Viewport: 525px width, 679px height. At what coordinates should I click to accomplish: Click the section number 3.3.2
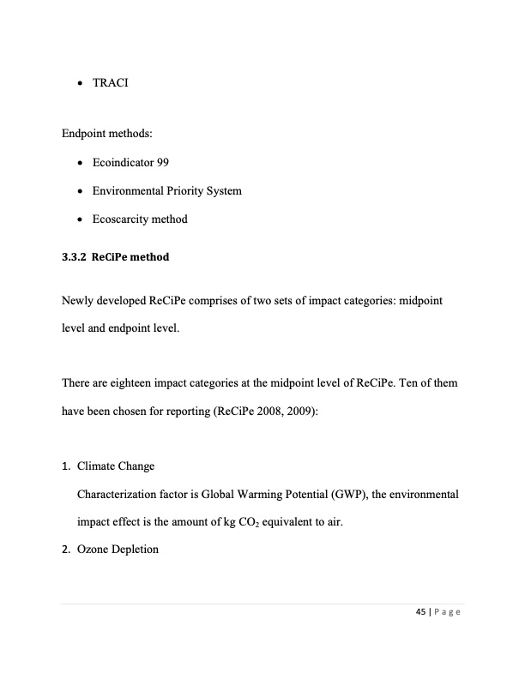(x=75, y=257)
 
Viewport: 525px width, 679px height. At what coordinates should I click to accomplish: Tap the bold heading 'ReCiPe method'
(x=132, y=257)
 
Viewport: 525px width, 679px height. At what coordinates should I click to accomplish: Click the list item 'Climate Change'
(x=116, y=466)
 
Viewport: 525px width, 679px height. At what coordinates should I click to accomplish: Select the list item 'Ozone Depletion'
(x=118, y=549)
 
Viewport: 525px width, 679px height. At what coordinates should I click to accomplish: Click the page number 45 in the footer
(x=420, y=611)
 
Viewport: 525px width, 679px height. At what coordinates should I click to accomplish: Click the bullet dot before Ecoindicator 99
(x=80, y=163)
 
